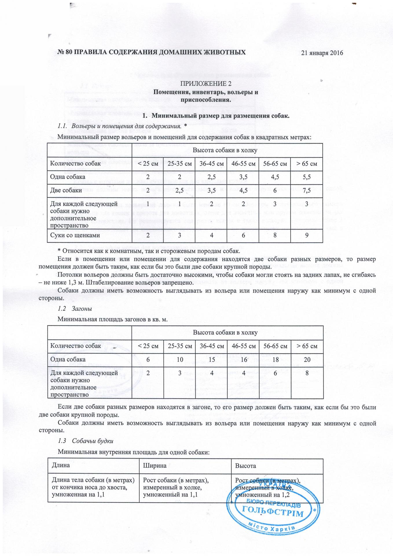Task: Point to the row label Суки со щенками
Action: tap(75, 235)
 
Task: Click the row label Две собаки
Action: tap(66, 191)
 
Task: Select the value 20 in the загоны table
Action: tap(307, 360)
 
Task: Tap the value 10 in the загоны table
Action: tap(180, 360)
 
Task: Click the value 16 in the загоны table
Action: tap(244, 360)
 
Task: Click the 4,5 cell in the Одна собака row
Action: tap(275, 177)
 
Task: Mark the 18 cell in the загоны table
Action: tap(275, 360)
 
